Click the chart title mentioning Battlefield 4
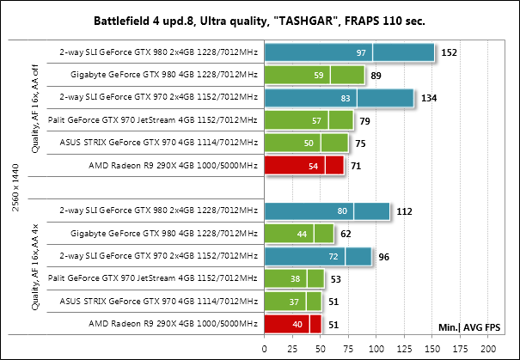tap(260, 19)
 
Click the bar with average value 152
tap(350, 54)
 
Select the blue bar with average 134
tap(340, 98)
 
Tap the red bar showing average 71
tap(304, 164)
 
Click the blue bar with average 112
tap(327, 211)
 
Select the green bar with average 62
tap(299, 234)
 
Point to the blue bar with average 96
tap(318, 256)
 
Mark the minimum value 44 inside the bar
tap(303, 234)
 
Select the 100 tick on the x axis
tap(376, 349)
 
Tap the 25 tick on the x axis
tap(292, 349)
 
